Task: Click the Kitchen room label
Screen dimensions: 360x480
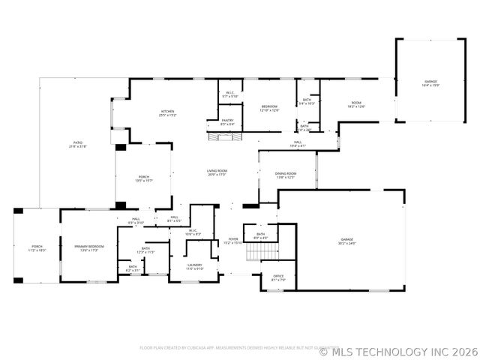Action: click(x=168, y=113)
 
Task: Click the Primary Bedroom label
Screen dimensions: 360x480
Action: click(x=88, y=247)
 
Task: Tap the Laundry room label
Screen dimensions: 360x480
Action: click(x=195, y=266)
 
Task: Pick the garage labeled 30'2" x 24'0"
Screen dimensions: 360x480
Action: click(x=346, y=241)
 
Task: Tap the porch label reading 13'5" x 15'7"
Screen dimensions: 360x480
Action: click(x=143, y=178)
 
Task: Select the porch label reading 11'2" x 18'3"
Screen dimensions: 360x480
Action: click(x=37, y=247)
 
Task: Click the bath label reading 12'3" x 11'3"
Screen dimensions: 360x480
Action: click(x=145, y=250)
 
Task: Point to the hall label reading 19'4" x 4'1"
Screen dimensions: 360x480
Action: click(x=298, y=143)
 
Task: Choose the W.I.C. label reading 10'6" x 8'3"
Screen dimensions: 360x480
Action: click(x=193, y=232)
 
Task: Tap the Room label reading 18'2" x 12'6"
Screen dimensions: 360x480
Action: click(x=356, y=104)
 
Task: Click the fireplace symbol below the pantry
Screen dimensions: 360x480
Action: click(x=226, y=136)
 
